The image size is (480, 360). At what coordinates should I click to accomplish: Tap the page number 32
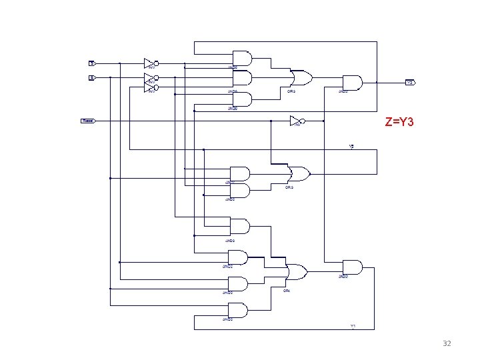(x=447, y=343)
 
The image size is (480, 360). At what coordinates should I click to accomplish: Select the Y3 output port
(x=411, y=83)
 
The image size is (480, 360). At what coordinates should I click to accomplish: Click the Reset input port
(x=88, y=121)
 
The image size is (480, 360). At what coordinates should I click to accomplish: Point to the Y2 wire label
(x=351, y=146)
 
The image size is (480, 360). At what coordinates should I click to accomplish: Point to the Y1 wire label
(x=353, y=326)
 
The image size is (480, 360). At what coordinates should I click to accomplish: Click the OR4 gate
(x=296, y=272)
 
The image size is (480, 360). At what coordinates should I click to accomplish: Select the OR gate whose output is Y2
(x=299, y=175)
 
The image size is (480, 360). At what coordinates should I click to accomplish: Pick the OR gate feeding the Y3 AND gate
(x=301, y=78)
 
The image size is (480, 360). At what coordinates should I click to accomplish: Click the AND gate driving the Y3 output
(x=351, y=83)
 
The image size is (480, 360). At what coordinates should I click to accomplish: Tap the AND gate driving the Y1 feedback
(x=351, y=267)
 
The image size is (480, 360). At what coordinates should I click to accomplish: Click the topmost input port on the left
(x=93, y=63)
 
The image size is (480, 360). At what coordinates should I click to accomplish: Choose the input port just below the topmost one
(x=93, y=77)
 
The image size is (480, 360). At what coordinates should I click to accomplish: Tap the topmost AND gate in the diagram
(x=241, y=59)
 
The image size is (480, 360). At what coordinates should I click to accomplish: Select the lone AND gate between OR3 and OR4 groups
(x=239, y=226)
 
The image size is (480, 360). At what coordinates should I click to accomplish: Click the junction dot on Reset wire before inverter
(x=271, y=121)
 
